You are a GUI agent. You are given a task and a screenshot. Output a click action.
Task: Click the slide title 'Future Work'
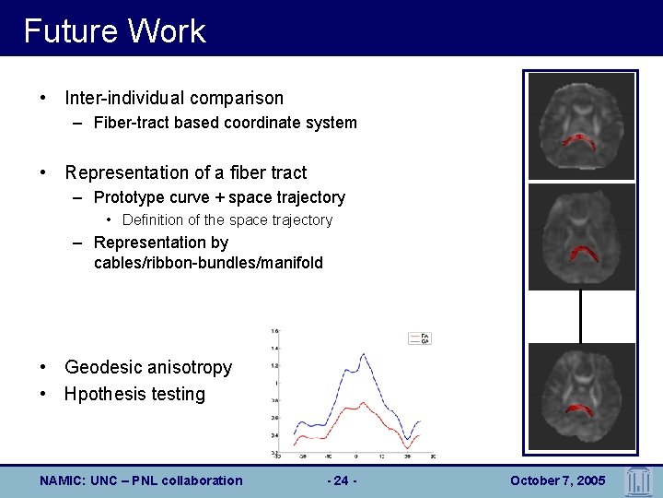click(x=114, y=30)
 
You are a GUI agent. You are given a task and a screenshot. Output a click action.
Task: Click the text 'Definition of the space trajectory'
click(x=227, y=219)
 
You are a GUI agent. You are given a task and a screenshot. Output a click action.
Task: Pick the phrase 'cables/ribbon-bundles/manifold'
click(x=208, y=263)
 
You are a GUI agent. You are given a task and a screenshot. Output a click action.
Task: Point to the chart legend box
click(x=419, y=338)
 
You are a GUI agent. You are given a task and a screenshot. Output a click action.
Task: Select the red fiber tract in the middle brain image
click(x=581, y=252)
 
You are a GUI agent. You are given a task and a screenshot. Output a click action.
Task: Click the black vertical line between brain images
click(x=580, y=316)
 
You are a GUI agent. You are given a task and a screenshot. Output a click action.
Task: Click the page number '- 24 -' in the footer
click(x=342, y=480)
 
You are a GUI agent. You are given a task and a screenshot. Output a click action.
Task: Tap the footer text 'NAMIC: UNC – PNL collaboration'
click(x=142, y=480)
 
